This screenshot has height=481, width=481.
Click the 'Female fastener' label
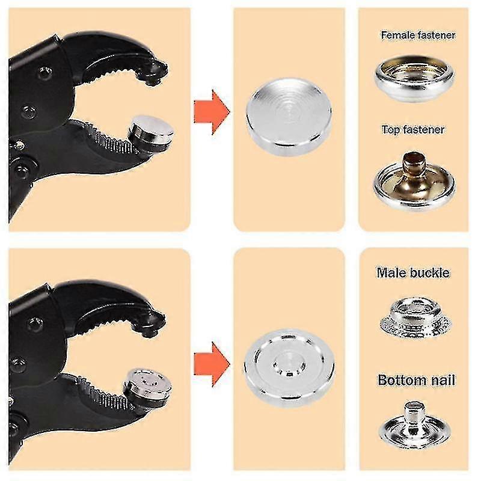[x=418, y=35]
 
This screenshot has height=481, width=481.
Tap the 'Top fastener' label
[x=413, y=130]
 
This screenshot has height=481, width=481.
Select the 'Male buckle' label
[x=413, y=273]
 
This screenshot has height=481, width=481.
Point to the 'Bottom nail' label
[x=416, y=380]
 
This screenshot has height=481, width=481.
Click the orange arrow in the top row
[x=212, y=112]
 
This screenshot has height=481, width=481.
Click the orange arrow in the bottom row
[x=212, y=364]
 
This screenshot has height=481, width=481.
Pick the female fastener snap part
[x=414, y=78]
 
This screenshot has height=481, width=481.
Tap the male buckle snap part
[x=415, y=319]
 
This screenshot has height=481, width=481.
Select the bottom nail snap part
[x=415, y=425]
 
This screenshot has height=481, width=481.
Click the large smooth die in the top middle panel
[x=289, y=117]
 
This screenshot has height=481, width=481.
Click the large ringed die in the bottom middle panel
[x=289, y=368]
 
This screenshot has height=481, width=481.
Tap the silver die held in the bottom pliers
[x=148, y=387]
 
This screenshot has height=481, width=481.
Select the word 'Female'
[x=398, y=35]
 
